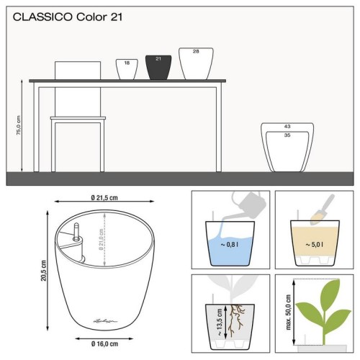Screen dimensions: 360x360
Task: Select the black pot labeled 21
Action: [158, 68]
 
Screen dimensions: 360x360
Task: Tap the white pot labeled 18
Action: [127, 69]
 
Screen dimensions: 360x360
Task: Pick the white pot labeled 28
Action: [196, 63]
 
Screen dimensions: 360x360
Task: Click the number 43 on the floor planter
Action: [287, 127]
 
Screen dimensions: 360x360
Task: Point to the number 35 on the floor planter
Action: [287, 135]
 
